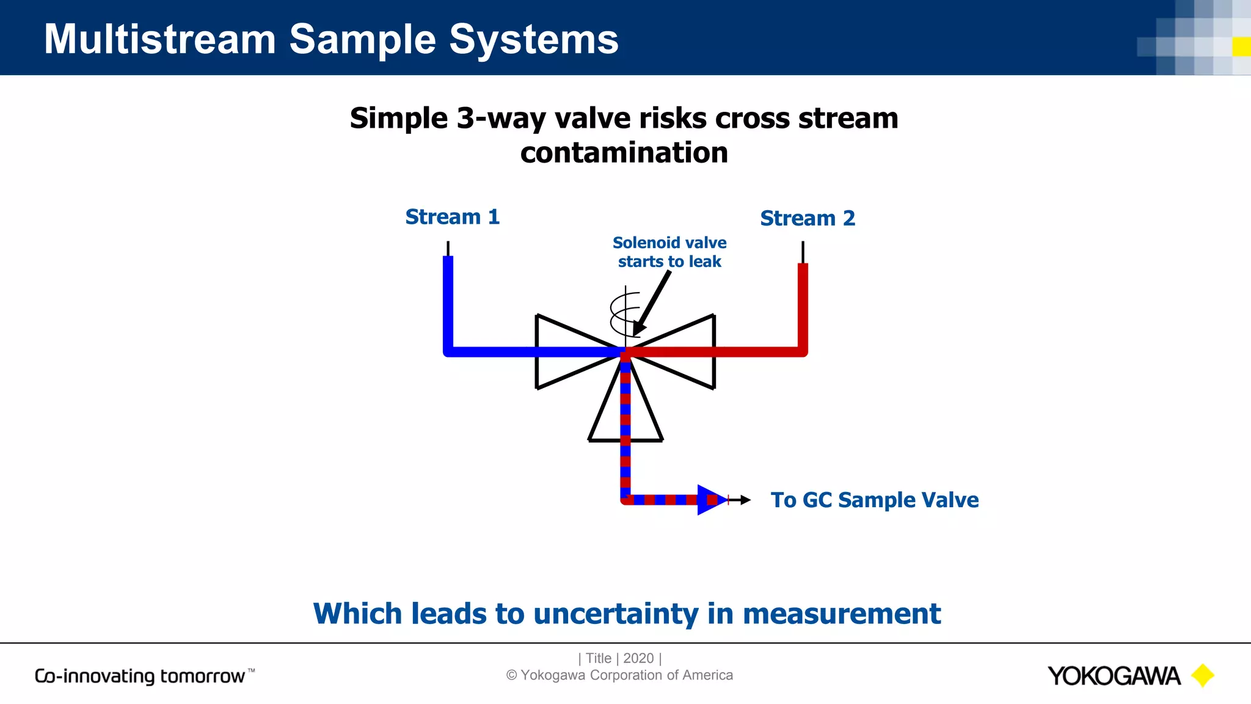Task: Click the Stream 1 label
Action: tap(452, 217)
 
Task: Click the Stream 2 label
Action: tap(807, 218)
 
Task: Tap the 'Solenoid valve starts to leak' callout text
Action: tap(669, 252)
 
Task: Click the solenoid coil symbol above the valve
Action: tap(624, 313)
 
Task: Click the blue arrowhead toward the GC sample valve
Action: tap(710, 500)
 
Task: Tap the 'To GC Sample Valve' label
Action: tap(874, 500)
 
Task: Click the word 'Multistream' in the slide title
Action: tap(160, 39)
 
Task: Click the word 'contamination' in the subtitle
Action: tap(624, 153)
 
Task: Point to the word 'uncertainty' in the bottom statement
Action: tap(615, 614)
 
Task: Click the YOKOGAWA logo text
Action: tap(1114, 676)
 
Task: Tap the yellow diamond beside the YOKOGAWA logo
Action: tap(1203, 675)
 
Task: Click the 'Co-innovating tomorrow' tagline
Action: tap(140, 676)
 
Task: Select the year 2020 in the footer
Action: tap(638, 658)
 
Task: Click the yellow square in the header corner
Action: tap(1241, 46)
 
